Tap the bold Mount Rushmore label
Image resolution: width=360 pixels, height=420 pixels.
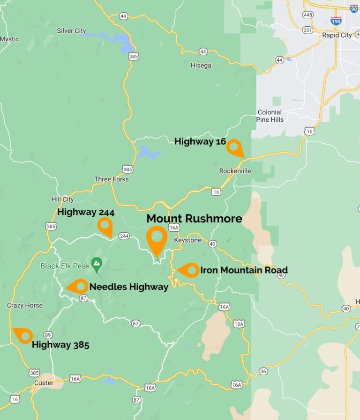tap(194, 219)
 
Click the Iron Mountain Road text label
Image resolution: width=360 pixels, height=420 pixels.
tap(244, 270)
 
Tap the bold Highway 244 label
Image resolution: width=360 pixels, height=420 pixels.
tap(86, 212)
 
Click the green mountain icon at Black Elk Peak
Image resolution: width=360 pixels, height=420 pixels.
tap(97, 264)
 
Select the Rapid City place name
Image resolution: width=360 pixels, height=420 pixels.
tap(337, 35)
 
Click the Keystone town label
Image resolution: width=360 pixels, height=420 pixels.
tap(187, 240)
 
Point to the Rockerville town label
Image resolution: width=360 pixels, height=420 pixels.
tap(235, 171)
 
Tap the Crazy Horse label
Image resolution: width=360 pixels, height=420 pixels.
tap(24, 305)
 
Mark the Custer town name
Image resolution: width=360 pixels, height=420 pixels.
tap(44, 383)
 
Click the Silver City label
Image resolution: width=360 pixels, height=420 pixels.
tap(71, 31)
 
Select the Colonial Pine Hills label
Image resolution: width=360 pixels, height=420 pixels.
tap(270, 116)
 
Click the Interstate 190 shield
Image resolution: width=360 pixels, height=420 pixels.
tap(336, 21)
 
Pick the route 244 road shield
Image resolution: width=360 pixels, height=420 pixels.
tap(124, 236)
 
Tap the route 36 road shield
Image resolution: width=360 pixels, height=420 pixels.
tap(263, 371)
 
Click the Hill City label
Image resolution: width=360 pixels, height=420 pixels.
tap(62, 199)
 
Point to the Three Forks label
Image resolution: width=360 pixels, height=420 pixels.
tap(111, 179)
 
